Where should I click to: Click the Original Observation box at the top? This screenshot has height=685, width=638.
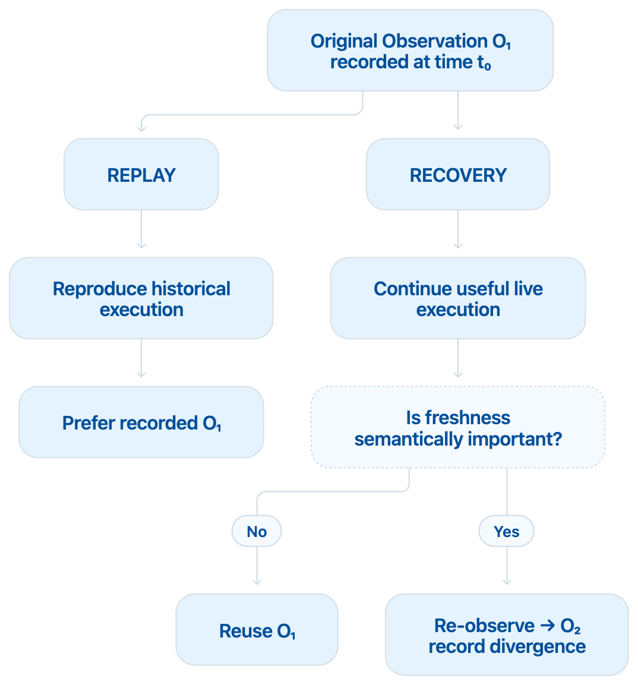pos(410,50)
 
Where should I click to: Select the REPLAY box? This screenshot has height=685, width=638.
pos(141,174)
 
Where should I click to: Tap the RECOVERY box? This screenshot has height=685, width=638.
pos(457,174)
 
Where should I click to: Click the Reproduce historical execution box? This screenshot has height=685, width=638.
pos(141,298)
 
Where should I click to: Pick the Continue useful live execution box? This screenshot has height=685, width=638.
pos(457,298)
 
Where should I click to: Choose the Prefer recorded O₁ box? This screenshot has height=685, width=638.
pos(141,422)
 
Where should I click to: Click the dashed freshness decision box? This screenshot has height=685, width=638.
pos(457,427)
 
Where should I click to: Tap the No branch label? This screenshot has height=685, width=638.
pos(257,531)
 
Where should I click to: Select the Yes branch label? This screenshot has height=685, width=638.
pos(507,531)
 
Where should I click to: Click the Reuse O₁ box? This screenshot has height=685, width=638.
pos(257,630)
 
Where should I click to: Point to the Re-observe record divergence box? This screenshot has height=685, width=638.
pos(507,635)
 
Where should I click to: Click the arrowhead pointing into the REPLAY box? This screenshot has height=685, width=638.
pos(141,128)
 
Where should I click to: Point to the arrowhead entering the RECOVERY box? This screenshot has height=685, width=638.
pos(457,127)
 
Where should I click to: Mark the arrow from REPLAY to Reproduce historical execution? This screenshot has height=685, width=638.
pos(141,229)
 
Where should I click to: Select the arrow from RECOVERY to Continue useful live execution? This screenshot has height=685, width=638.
pos(457,229)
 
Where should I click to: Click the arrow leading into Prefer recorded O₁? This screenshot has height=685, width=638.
pos(141,358)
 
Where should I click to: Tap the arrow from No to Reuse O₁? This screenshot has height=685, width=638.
pos(257,566)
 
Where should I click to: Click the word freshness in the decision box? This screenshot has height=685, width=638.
pos(468,418)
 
